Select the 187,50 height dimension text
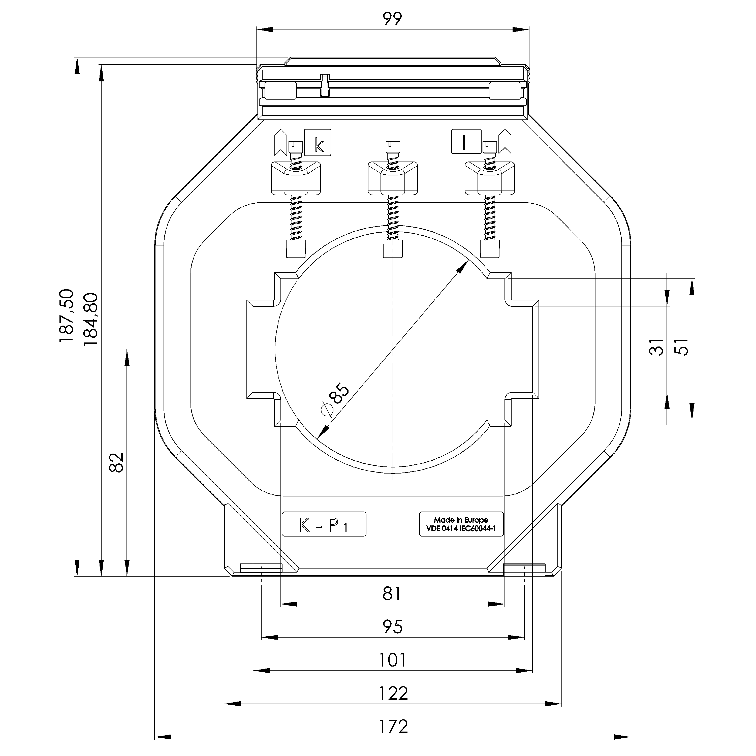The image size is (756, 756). pyautogui.click(x=67, y=316)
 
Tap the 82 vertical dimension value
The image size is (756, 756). pyautogui.click(x=117, y=463)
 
